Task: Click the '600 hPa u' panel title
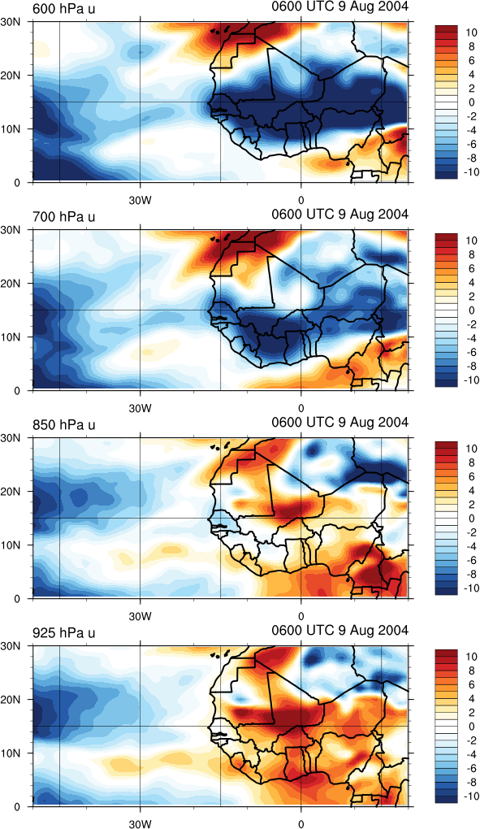[x=63, y=8]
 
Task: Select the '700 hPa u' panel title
[x=63, y=217]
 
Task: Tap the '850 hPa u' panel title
[x=63, y=425]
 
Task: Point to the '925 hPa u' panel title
[x=63, y=633]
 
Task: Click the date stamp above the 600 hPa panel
[x=340, y=6]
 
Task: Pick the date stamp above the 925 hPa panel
[x=340, y=630]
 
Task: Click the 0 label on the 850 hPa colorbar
[x=470, y=519]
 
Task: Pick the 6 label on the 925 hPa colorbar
[x=470, y=684]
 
